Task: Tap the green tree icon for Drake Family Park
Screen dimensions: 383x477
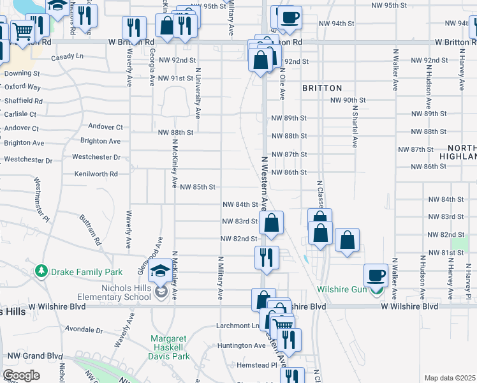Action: pos(42,272)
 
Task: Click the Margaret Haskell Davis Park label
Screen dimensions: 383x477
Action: pos(170,347)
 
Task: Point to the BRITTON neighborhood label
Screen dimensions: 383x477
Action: pos(322,88)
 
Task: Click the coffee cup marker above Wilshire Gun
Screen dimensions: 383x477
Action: pos(376,276)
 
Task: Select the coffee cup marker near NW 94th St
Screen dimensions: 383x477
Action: pos(290,17)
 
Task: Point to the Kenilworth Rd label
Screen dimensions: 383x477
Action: pos(96,174)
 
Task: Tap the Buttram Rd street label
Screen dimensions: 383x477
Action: pos(91,230)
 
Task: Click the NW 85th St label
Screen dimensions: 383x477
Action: pos(198,187)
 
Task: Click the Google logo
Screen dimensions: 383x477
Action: pos(21,375)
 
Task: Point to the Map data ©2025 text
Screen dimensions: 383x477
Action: pos(450,378)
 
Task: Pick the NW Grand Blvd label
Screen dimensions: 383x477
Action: pos(32,356)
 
